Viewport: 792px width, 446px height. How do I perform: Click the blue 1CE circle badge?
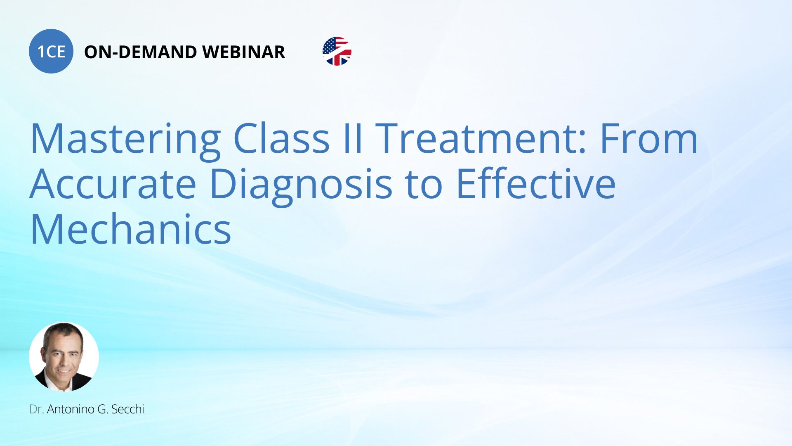coord(51,51)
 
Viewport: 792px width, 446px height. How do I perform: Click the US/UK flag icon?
coord(337,51)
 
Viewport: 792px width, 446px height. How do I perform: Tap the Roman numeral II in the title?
coord(353,139)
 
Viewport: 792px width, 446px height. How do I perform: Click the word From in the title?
coord(649,139)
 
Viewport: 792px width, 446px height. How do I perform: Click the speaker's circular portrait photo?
coord(64,357)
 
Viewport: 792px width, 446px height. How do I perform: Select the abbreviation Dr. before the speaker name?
coord(37,409)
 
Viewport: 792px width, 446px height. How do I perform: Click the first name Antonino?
coord(71,409)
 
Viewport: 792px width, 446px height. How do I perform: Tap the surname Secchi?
coord(127,409)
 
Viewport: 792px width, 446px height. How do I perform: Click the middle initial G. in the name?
coord(103,409)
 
